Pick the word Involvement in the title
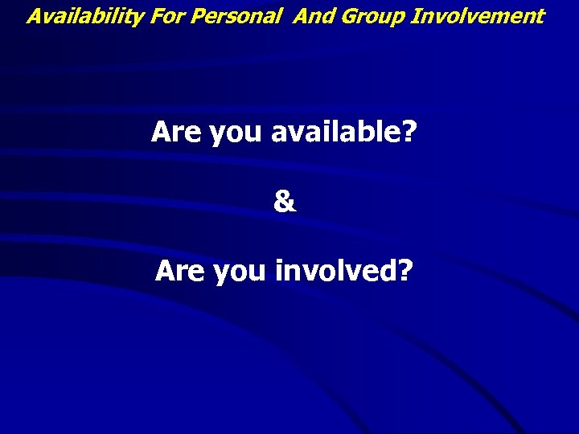click(x=478, y=16)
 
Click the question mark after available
click(x=410, y=132)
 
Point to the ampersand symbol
click(x=285, y=202)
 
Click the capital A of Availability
click(x=35, y=16)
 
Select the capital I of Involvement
click(x=415, y=16)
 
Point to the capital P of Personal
click(x=183, y=16)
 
